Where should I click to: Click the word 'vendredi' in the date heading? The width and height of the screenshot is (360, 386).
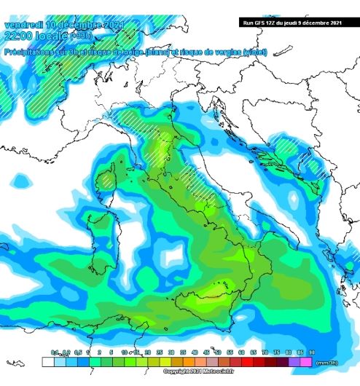[23, 25]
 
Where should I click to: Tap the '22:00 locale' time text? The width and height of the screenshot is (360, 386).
[36, 36]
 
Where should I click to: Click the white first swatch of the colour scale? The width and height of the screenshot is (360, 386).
[48, 360]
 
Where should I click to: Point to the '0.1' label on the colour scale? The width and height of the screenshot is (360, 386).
[54, 352]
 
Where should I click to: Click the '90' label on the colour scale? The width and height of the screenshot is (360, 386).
[312, 352]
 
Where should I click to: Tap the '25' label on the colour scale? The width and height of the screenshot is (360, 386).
[160, 352]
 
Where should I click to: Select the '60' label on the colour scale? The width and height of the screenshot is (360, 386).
[241, 352]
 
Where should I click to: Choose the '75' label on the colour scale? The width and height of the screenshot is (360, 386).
[277, 352]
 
